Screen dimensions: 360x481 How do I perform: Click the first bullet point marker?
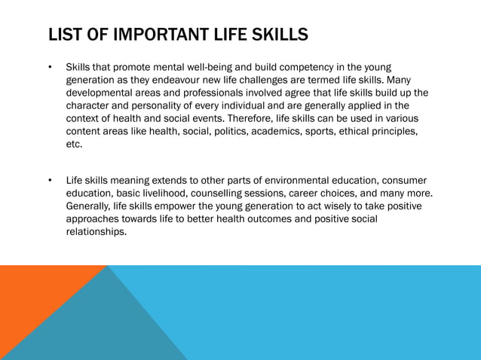[49, 68]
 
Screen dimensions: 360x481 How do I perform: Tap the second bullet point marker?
[49, 181]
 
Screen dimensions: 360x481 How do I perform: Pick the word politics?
[245, 132]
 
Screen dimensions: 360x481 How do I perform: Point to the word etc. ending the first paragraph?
[74, 145]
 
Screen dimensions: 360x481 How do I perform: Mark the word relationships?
[96, 232]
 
